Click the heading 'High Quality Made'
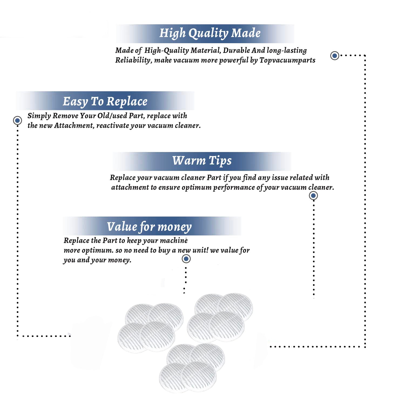tap(210, 33)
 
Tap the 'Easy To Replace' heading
tap(105, 102)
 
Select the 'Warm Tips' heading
tap(202, 161)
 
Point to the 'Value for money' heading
tap(149, 227)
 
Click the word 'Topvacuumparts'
tap(287, 60)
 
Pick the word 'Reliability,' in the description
tap(134, 60)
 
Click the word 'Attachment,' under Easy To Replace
tap(74, 126)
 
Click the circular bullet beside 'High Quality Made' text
tap(335, 56)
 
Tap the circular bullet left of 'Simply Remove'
tap(18, 120)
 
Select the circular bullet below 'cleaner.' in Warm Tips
tap(313, 195)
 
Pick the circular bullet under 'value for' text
tap(186, 259)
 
